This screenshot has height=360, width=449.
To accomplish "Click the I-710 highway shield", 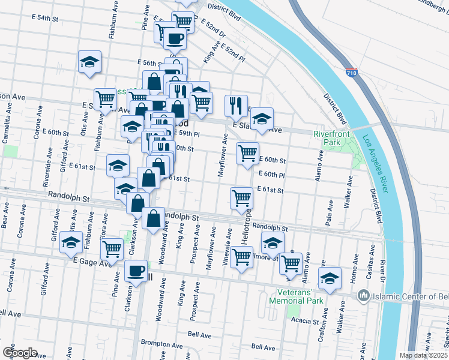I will pos(352,73).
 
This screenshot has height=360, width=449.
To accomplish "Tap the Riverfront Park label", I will pos(327,138).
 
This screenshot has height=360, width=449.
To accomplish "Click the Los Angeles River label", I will pos(375,163).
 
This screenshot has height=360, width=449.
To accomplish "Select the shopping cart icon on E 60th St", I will pos(247,153).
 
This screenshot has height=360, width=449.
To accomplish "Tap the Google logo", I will pos(19,352).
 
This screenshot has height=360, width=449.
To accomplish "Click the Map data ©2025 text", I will pos(423,355).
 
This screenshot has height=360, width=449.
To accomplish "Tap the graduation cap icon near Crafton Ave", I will pos(330,278).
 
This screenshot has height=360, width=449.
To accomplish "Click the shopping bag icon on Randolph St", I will pos(154,219).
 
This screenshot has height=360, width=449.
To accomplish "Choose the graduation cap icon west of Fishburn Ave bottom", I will pos(71,243).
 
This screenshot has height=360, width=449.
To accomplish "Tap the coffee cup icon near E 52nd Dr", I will pos(175,38).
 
